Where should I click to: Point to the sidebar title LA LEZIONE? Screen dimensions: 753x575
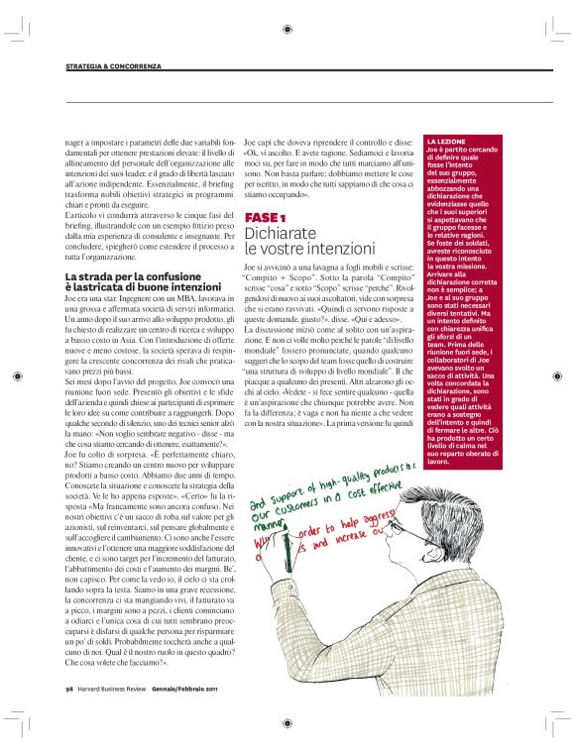tap(443, 142)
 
